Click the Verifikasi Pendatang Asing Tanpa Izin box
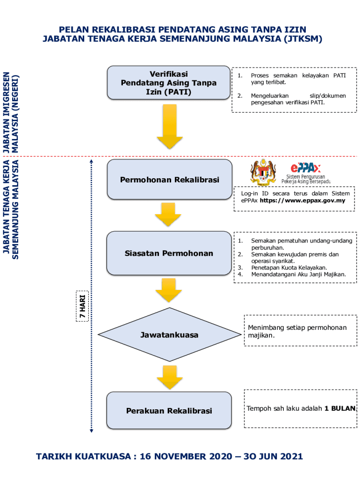point(169,83)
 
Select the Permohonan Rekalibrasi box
point(169,180)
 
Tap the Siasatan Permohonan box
point(169,254)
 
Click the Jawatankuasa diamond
point(169,335)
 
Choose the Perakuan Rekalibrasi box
point(169,411)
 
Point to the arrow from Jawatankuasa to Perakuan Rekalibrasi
point(169,376)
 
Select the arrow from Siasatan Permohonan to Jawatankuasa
point(169,290)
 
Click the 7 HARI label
point(82,306)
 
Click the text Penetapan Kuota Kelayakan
point(289,268)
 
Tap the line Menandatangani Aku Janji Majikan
point(298,274)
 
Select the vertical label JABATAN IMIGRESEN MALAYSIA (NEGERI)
point(11,113)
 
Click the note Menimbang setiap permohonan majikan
point(297,331)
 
